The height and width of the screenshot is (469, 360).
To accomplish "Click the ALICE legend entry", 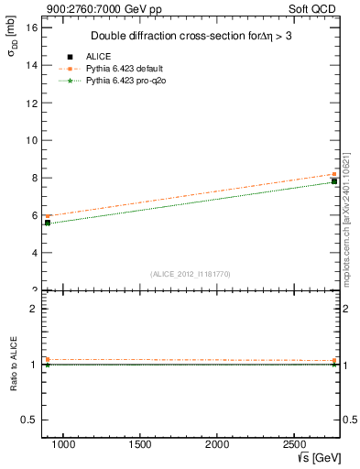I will [98, 56].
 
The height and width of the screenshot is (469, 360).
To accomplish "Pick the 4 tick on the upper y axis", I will [34, 253].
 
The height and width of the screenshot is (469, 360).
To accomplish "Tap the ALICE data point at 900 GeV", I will [48, 222].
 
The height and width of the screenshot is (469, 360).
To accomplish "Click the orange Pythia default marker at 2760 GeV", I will [334, 174].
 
